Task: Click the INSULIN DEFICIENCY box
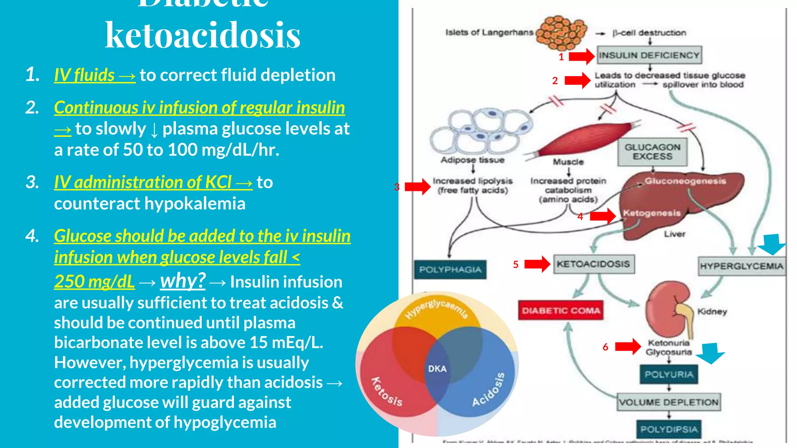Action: [x=649, y=55]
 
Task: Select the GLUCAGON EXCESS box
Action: [x=653, y=152]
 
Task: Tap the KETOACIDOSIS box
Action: [x=593, y=264]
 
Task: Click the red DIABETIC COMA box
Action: [x=561, y=310]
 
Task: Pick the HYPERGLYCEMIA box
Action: [x=741, y=266]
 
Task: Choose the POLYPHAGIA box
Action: [x=450, y=269]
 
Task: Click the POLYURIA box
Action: [x=669, y=374]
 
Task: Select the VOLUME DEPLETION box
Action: [x=669, y=402]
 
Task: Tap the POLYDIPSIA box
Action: [x=669, y=429]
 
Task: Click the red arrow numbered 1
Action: [x=582, y=56]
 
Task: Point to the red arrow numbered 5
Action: [x=537, y=264]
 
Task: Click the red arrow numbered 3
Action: [x=418, y=187]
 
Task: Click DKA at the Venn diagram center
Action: [x=437, y=368]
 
